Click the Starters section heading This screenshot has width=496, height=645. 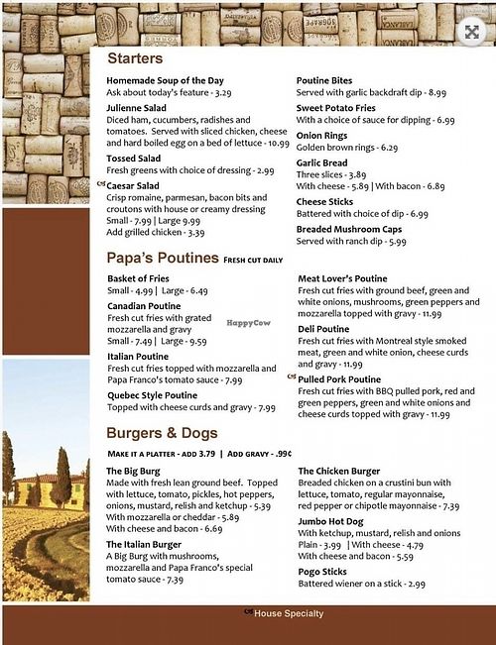click(x=135, y=58)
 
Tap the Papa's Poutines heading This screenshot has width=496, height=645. click(x=163, y=259)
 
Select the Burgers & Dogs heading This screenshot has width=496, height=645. click(x=162, y=433)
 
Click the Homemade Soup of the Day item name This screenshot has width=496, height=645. click(x=166, y=80)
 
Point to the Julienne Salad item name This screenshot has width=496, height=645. click(x=136, y=107)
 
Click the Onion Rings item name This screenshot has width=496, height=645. click(x=322, y=136)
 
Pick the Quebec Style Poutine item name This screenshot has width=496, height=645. click(x=152, y=395)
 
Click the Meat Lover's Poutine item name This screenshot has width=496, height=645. click(x=342, y=279)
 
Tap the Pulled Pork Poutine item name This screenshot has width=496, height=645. click(x=339, y=378)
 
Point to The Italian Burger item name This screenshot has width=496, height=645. click(x=145, y=544)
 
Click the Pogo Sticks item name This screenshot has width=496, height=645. click(x=322, y=573)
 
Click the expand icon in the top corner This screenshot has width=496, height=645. click(x=471, y=31)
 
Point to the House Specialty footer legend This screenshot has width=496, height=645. click(x=287, y=613)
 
